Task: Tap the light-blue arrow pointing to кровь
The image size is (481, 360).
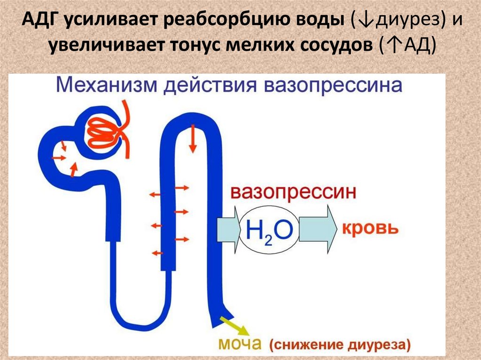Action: pos(318,230)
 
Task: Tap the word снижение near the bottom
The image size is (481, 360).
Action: pos(305,345)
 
